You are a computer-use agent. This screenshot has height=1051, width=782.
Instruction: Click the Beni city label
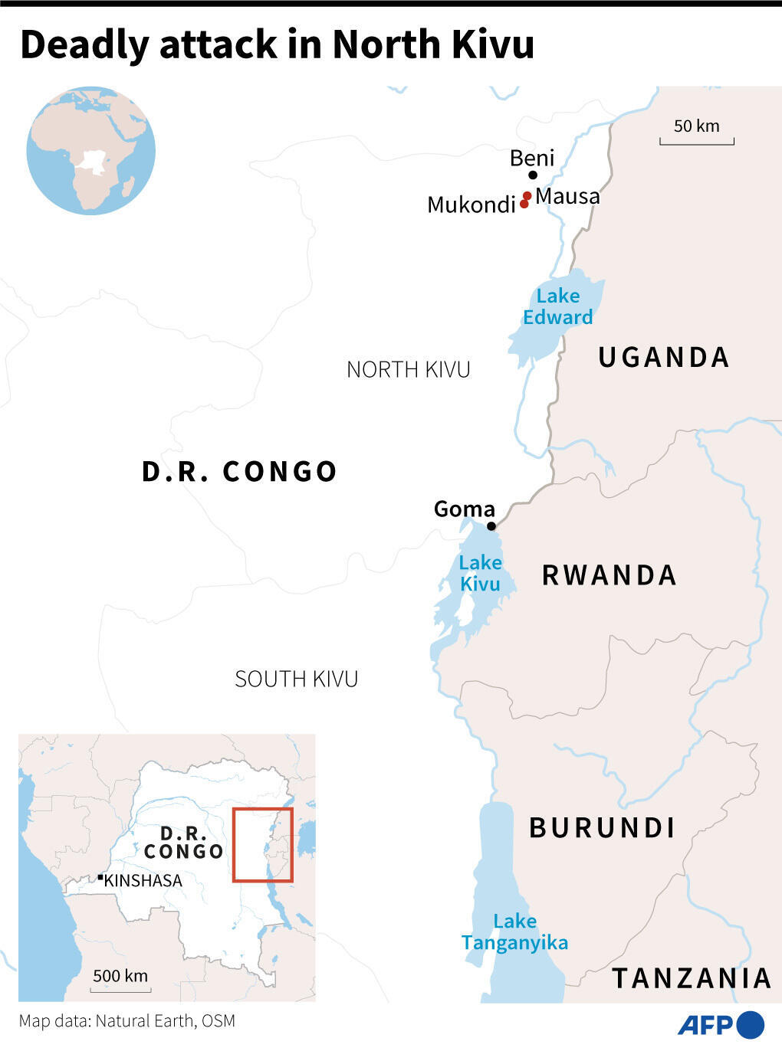point(531,158)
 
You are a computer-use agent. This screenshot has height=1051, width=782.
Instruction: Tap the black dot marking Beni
point(533,175)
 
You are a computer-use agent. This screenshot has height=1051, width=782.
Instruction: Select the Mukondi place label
point(471,205)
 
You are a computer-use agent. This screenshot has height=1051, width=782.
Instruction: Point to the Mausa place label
point(567,196)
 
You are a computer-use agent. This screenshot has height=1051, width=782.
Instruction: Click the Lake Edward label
point(558,306)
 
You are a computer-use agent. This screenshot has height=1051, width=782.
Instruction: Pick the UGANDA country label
point(664,357)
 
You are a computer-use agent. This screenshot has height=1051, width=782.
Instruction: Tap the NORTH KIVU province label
point(408,369)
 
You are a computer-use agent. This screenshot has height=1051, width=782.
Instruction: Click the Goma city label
point(465,509)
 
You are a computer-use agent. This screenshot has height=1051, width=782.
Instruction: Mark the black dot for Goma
point(491,526)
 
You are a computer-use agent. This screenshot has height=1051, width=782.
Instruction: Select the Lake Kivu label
point(481,573)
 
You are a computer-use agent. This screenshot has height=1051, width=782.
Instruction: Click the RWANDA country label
point(609,575)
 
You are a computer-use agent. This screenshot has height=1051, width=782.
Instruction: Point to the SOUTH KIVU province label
point(296,679)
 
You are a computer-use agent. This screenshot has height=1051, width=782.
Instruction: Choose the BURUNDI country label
point(603,828)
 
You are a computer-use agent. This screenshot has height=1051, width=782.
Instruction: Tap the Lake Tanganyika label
point(514,931)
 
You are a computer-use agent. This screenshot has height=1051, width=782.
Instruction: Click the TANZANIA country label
point(692,978)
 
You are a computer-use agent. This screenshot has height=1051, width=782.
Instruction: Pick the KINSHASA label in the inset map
point(143,881)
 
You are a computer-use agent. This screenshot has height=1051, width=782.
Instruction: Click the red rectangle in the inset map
point(263,845)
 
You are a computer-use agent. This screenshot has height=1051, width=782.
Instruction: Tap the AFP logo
point(721,1024)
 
